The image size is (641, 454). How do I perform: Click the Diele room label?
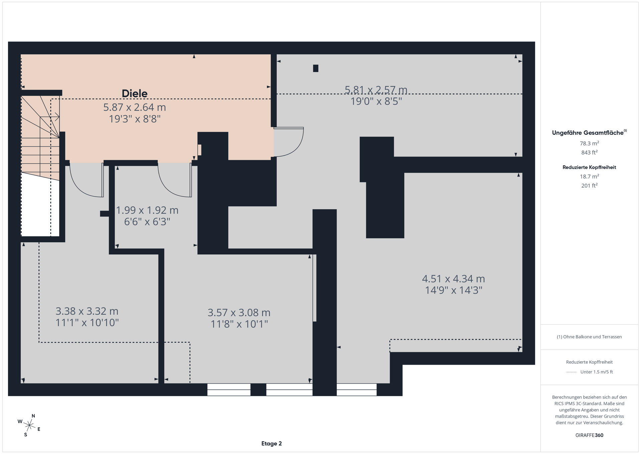point(135,94)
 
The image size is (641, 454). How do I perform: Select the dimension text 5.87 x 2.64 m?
point(135,107)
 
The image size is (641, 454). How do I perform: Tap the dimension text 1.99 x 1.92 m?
point(147,210)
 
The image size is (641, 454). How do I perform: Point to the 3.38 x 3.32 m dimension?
point(87,311)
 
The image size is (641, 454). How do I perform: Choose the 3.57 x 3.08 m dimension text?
point(239,313)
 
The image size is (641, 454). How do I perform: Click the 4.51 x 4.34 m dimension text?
point(453,279)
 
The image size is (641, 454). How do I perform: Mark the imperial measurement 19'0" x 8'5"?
point(376,101)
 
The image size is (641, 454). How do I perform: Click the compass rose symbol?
point(29,425)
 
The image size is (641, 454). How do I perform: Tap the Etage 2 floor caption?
point(272,444)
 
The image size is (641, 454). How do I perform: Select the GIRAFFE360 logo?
point(589,435)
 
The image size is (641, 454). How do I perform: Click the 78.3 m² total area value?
point(589,143)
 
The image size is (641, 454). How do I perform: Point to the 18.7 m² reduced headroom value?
point(589,177)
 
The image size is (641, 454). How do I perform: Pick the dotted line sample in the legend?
point(572,372)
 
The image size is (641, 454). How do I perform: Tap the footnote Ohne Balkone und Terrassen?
point(589,337)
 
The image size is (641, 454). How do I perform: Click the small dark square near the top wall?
point(316,68)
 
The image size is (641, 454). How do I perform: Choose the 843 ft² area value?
point(589,152)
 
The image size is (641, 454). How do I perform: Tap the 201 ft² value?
point(589,186)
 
